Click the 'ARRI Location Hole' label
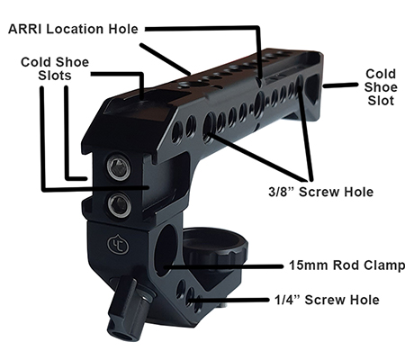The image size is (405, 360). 73,29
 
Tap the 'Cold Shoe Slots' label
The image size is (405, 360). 55,68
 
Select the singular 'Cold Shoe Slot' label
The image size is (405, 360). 381,87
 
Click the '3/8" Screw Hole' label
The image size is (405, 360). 320,192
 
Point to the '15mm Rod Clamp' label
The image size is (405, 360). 346,265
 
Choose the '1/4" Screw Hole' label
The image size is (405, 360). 327,300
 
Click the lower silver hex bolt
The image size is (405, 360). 119,204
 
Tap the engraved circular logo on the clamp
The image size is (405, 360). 118,245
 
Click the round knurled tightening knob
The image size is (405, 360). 215,250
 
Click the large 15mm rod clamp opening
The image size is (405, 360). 166,249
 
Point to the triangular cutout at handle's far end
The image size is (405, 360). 312,88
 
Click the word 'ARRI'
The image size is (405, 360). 24,29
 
